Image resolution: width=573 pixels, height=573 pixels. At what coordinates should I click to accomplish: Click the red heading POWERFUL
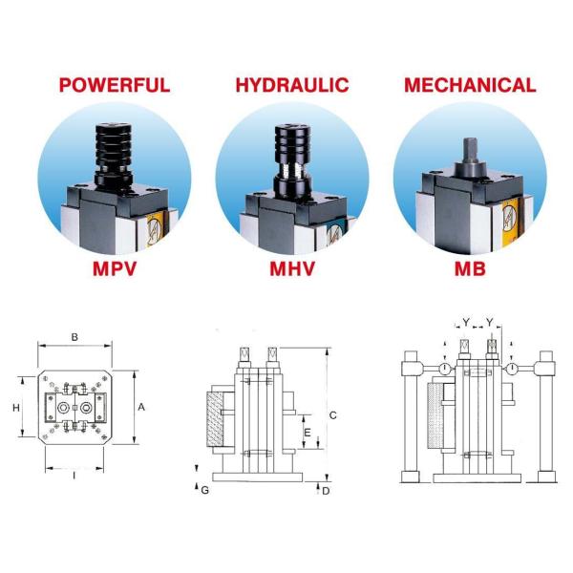coord(115,85)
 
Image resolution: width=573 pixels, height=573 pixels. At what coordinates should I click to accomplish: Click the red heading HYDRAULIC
coord(292,85)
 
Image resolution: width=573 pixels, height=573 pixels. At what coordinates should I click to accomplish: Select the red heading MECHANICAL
coord(470,85)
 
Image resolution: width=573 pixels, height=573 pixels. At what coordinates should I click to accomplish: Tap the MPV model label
coord(115,268)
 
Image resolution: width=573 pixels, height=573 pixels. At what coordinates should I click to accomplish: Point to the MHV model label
coord(292,268)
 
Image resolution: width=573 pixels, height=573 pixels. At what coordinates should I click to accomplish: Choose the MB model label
coord(470,268)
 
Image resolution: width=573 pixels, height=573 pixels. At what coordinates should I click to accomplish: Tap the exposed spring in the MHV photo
coord(292,169)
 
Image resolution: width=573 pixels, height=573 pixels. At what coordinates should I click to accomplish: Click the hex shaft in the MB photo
coord(470,150)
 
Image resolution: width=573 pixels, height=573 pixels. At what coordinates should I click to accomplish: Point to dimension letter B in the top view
coord(74,337)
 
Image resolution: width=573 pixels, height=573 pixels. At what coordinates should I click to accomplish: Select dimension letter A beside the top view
coord(141,407)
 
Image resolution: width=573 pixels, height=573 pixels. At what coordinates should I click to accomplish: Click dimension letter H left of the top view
coord(16,408)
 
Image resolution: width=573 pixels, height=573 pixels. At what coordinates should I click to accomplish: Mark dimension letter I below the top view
coord(74,476)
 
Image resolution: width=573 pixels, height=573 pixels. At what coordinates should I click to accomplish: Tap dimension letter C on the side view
coord(332,415)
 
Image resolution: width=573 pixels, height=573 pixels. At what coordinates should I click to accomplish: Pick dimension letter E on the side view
coord(308,433)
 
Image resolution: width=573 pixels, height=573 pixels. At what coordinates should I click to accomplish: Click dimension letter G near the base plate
coord(204,491)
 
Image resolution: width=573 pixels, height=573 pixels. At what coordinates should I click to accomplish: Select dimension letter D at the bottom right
coord(326,491)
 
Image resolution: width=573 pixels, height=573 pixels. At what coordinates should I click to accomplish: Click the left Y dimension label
coord(466,322)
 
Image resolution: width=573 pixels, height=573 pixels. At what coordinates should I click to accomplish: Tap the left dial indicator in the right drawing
coord(444,369)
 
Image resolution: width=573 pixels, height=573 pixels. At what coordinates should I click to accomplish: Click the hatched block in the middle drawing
coord(215,419)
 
